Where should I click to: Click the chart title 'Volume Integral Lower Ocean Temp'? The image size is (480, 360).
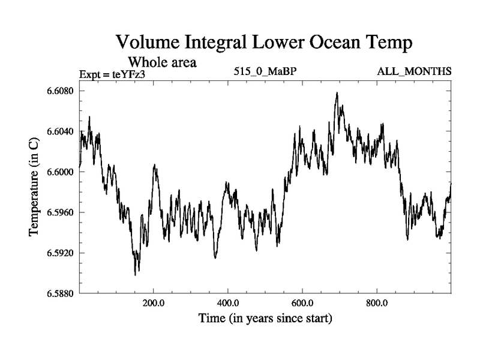click(x=265, y=43)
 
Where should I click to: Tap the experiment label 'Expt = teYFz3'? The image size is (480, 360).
click(x=113, y=74)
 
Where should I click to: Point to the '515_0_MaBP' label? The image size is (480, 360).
click(x=266, y=72)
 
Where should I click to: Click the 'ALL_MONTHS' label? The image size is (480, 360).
click(x=414, y=72)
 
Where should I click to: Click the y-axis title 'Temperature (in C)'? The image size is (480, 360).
click(x=35, y=192)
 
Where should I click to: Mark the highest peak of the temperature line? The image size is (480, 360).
click(x=337, y=93)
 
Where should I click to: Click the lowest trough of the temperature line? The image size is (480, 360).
click(x=136, y=275)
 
